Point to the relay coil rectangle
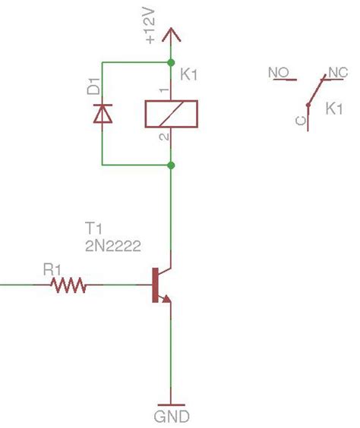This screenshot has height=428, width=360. pyautogui.click(x=171, y=114)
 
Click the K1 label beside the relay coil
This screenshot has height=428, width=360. pyautogui.click(x=189, y=76)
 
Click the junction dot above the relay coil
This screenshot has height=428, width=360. pyautogui.click(x=171, y=62)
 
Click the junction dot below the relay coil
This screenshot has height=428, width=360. pyautogui.click(x=171, y=165)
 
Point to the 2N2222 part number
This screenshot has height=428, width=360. pyautogui.click(x=113, y=244)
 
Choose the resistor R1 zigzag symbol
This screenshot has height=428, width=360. pyautogui.click(x=68, y=286)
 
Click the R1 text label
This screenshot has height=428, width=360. pyautogui.click(x=52, y=269)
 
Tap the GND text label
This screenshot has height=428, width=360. pyautogui.click(x=171, y=416)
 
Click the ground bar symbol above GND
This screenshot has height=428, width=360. pyautogui.click(x=171, y=404)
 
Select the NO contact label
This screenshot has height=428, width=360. pyautogui.click(x=278, y=73)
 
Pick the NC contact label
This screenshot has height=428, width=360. pyautogui.click(x=336, y=73)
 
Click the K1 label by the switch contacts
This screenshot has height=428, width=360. pyautogui.click(x=335, y=109)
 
